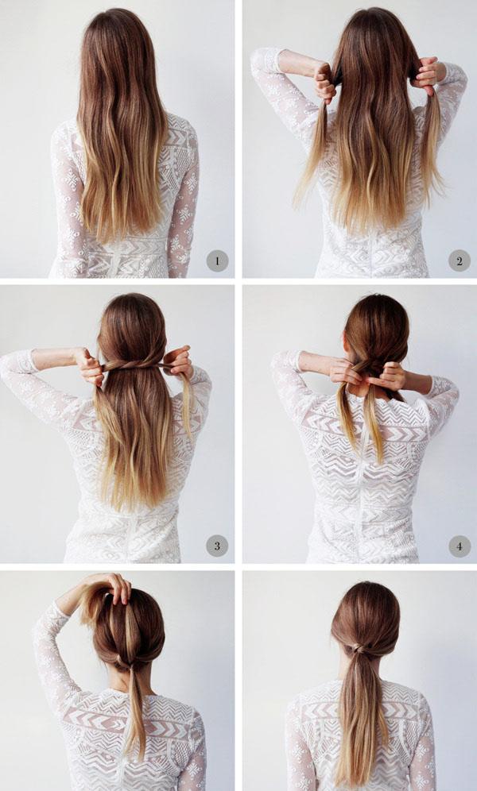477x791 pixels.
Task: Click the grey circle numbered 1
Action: click(217, 260)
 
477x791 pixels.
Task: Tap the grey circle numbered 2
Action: click(460, 260)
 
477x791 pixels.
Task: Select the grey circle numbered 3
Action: click(217, 546)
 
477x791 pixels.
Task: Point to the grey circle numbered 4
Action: click(460, 546)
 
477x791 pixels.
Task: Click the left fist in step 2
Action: click(325, 82)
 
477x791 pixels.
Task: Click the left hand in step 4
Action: click(347, 372)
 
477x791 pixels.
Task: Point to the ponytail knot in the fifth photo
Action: click(121, 660)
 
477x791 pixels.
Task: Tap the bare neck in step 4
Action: click(363, 392)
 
